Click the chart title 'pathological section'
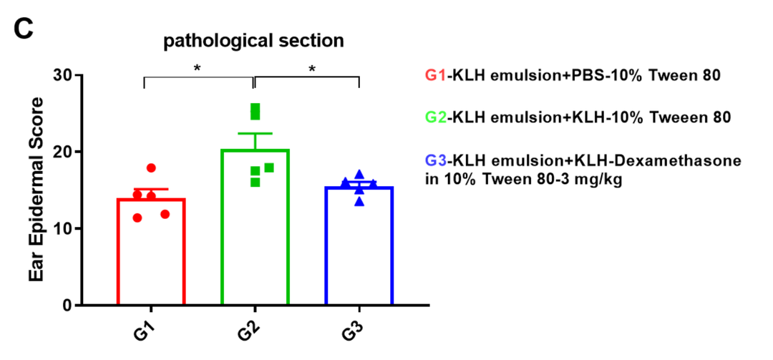253,41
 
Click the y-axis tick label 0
68,306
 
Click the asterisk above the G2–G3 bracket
311,69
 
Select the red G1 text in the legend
435,76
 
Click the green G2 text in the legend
435,117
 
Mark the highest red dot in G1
151,168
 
